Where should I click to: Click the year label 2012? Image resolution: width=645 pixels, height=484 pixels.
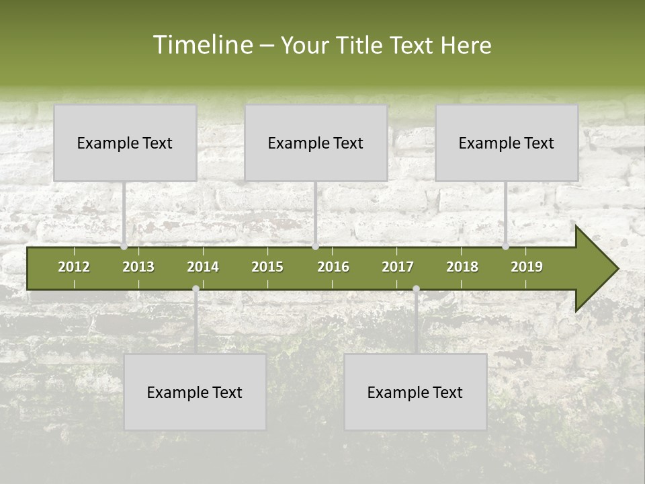74,267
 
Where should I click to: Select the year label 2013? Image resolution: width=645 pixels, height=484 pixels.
138,267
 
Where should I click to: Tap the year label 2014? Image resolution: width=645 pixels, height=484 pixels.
203,267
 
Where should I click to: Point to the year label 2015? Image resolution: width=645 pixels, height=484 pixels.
267,267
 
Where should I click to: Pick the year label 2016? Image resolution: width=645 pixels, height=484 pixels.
333,267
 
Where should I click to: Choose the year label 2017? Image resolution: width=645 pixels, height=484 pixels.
398,267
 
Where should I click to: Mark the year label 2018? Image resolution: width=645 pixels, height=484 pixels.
462,267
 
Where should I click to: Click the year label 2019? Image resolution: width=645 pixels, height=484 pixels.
527,267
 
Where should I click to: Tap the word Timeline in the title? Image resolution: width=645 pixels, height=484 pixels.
202,45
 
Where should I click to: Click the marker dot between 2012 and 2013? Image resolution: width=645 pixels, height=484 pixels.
124,247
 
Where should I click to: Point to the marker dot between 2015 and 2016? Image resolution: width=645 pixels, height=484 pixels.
315,247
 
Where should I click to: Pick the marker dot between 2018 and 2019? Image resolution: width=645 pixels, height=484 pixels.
506,247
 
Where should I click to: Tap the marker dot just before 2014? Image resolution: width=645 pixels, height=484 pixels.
196,289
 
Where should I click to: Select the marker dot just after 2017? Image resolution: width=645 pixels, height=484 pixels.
416,289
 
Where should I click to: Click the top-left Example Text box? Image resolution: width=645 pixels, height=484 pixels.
125,143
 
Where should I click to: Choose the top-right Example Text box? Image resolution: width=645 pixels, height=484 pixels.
507,143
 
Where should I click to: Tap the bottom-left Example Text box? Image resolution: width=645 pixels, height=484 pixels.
195,392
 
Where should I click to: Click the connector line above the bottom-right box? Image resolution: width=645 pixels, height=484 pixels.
416,323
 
